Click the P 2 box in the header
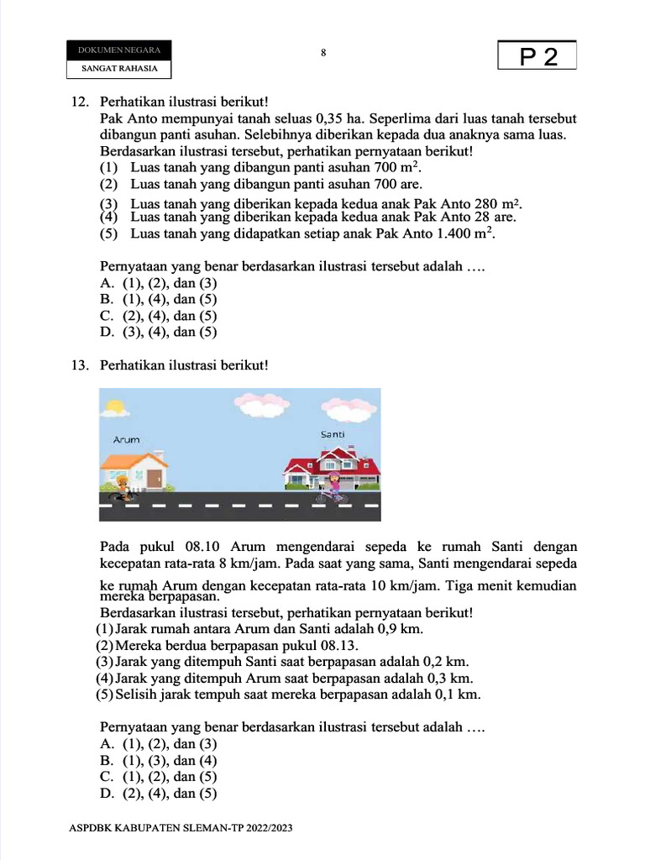coord(537,56)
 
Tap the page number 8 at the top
coord(323,52)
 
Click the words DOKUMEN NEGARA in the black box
coord(119,50)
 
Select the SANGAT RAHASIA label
coord(119,68)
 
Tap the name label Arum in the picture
coord(126,439)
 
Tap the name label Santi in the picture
coord(333,434)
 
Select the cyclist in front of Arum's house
coord(123,487)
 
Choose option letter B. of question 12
coord(107,299)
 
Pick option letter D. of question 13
coord(107,793)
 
